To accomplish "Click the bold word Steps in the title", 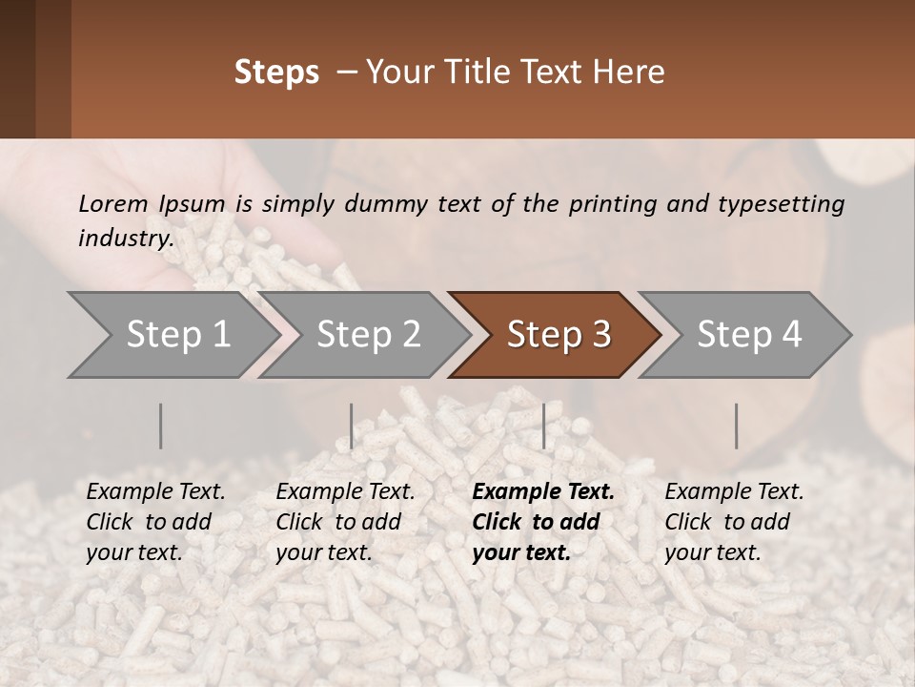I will click(276, 73).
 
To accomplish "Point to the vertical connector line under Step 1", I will click(161, 426).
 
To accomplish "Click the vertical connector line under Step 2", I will click(352, 426).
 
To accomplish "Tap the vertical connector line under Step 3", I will click(543, 426).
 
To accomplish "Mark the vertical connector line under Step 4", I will click(736, 426).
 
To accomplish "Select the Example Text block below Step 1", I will click(155, 522).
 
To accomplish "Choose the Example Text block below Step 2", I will click(345, 522).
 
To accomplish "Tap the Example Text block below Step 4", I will click(734, 522).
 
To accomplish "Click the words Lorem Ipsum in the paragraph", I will click(152, 204).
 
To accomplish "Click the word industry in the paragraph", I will click(125, 239).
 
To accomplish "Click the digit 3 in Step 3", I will click(600, 335).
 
